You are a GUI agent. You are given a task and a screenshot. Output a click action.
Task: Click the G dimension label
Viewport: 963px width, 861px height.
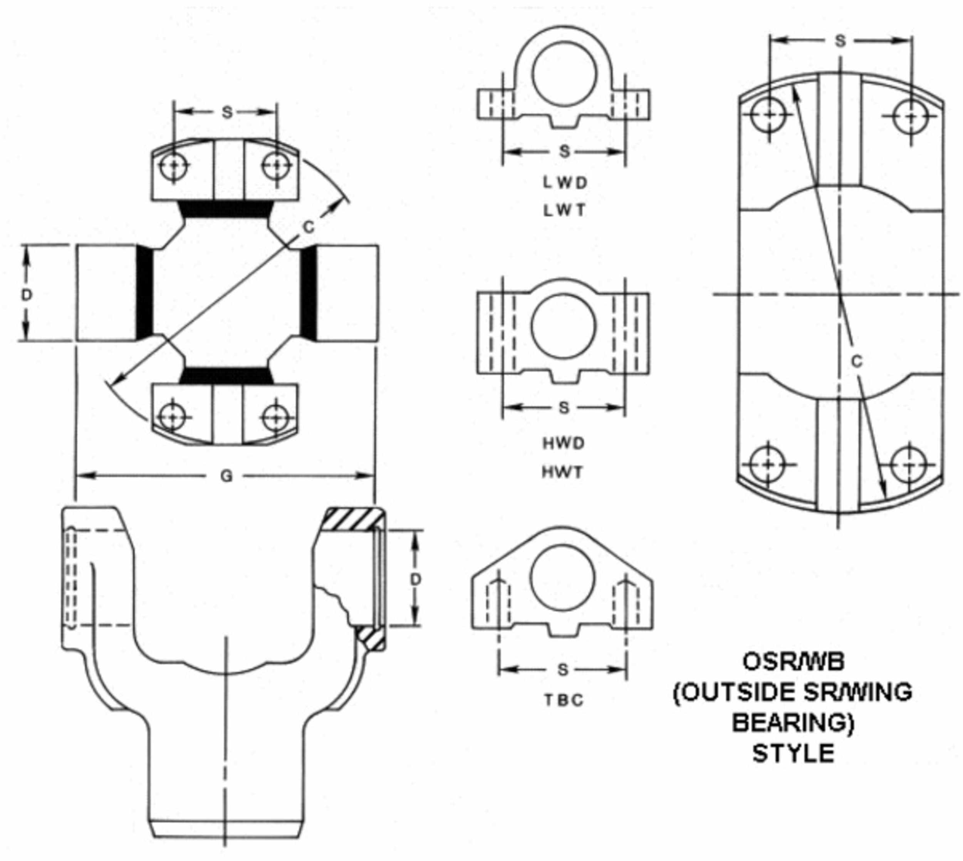pyautogui.click(x=226, y=476)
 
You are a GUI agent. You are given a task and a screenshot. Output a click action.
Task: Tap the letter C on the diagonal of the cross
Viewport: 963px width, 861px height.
pyautogui.click(x=308, y=227)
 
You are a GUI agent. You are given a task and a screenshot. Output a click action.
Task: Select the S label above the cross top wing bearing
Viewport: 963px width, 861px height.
pyautogui.click(x=227, y=112)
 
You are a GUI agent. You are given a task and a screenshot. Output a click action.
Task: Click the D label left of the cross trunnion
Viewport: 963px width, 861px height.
pyautogui.click(x=27, y=295)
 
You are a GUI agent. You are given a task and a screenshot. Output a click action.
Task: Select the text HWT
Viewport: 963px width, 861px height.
pyautogui.click(x=562, y=472)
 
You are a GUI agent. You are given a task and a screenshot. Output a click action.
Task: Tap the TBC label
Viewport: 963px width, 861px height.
pyautogui.click(x=564, y=700)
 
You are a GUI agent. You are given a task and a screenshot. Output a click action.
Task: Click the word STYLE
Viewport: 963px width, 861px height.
pyautogui.click(x=793, y=753)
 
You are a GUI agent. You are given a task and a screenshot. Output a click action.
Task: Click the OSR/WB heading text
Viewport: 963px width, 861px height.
pyautogui.click(x=793, y=661)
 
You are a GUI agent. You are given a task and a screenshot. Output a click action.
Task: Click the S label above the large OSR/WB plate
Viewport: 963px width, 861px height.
pyautogui.click(x=840, y=41)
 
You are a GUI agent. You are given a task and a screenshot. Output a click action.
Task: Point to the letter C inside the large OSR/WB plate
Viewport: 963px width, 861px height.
pyautogui.click(x=857, y=362)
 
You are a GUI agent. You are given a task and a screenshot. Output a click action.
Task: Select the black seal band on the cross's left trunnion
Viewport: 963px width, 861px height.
pyautogui.click(x=145, y=293)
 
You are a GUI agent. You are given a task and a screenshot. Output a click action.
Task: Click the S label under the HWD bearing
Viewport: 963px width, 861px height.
pyautogui.click(x=564, y=407)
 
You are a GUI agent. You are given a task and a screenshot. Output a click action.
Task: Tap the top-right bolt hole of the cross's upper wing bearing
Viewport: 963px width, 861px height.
pyautogui.click(x=276, y=166)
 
